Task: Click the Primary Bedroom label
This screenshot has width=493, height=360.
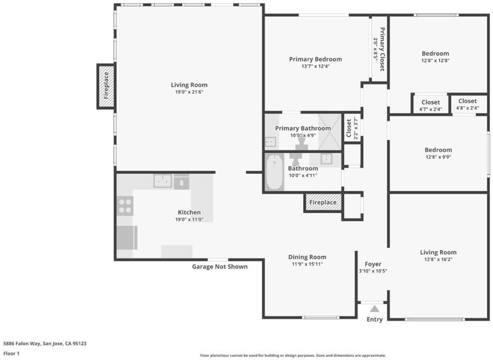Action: tap(316, 59)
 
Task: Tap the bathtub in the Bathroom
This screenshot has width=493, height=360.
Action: tap(274, 172)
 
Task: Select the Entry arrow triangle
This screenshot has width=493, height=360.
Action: tap(375, 309)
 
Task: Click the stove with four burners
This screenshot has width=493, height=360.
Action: tap(125, 206)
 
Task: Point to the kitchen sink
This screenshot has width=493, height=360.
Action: tap(163, 181)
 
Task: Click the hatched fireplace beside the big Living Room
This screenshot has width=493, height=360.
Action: tap(106, 86)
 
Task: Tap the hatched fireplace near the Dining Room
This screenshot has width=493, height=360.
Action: tap(323, 202)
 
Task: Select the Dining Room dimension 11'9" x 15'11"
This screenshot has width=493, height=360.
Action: tap(307, 264)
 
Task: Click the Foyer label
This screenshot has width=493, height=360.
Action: tap(373, 264)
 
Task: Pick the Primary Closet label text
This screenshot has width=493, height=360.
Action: tap(382, 49)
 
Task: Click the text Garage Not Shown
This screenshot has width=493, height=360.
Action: tap(220, 267)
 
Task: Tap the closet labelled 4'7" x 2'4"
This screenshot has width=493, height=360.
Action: tap(430, 105)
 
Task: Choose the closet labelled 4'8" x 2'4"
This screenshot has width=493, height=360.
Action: tap(468, 104)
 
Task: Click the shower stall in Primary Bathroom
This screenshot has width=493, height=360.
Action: tap(330, 132)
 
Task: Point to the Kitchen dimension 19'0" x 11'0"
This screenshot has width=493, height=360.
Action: tap(189, 219)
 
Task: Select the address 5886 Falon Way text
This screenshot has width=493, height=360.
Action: tap(22, 343)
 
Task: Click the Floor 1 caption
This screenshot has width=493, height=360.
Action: tap(11, 353)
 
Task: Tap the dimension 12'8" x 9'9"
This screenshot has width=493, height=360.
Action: tap(438, 157)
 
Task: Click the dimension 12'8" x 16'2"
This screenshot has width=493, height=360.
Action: tap(438, 260)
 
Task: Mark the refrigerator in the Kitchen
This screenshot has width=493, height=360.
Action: tap(127, 237)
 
